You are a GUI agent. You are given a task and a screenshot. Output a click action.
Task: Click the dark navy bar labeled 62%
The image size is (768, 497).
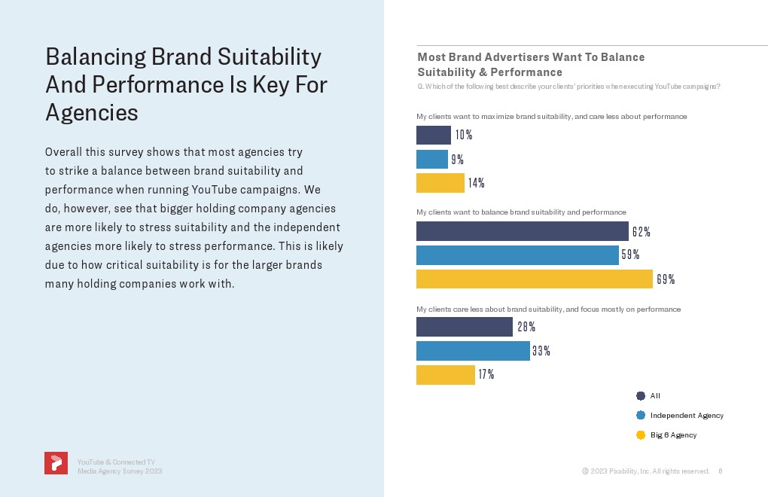coord(522,231)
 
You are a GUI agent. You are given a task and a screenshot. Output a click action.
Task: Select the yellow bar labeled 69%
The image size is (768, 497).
coord(534,279)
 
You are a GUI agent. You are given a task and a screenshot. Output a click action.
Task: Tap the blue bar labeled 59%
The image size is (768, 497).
coord(517,255)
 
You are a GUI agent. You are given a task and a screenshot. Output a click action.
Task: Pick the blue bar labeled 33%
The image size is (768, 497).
coord(473,351)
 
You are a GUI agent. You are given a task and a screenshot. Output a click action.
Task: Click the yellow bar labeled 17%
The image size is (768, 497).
coord(445,375)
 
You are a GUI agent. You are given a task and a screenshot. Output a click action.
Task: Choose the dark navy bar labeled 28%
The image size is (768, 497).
coord(464,327)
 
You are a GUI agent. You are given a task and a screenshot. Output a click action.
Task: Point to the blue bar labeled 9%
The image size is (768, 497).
coord(431,160)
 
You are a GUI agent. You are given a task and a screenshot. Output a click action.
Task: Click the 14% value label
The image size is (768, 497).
coord(476,183)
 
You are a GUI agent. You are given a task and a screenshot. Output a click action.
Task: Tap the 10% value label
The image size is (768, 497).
coord(463,136)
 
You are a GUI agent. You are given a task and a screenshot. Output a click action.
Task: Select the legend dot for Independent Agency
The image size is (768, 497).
coord(641,415)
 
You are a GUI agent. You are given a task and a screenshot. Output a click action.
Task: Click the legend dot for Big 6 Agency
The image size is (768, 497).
coord(641,434)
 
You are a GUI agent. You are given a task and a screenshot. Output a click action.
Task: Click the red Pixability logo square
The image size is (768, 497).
coord(56,463)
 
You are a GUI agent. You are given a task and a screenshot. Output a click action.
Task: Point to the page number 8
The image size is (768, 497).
coord(721,471)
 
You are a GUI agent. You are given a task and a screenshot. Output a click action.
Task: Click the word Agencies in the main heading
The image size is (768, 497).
coord(92,112)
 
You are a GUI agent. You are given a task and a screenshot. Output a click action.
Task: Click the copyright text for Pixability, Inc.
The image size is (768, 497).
coord(645,471)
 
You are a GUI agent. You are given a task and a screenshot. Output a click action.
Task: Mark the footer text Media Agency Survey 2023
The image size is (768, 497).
coord(120,471)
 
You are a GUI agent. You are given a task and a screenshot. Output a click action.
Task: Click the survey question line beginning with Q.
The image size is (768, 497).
coord(568,87)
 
